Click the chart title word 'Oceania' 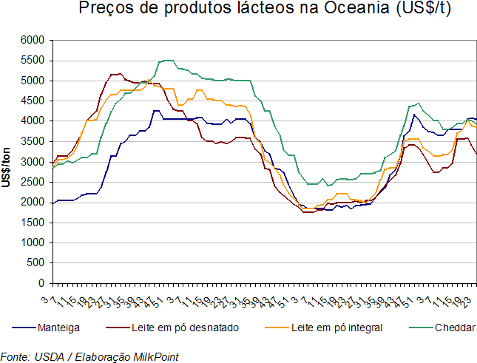(342, 10)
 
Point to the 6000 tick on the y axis (34, 40)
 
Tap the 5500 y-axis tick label (34, 60)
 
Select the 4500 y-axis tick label (34, 101)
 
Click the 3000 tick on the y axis (34, 161)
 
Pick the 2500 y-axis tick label (34, 182)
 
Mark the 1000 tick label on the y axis (34, 242)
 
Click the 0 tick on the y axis (42, 283)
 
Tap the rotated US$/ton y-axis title (7, 161)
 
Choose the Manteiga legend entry (60, 327)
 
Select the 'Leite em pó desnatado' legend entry (185, 327)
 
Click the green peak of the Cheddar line (166, 60)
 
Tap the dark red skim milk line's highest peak (115, 74)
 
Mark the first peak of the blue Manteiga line (155, 111)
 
